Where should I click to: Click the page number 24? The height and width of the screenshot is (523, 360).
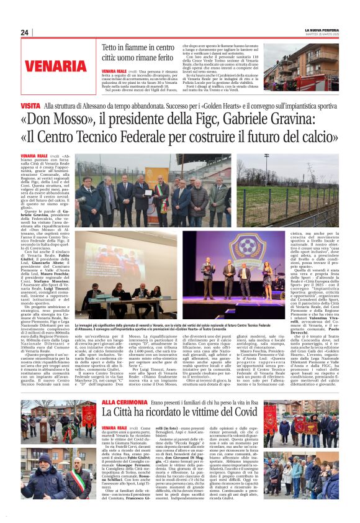[24, 32]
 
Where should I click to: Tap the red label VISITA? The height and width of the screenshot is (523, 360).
[31, 107]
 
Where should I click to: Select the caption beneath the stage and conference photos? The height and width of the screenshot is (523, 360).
[186, 327]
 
